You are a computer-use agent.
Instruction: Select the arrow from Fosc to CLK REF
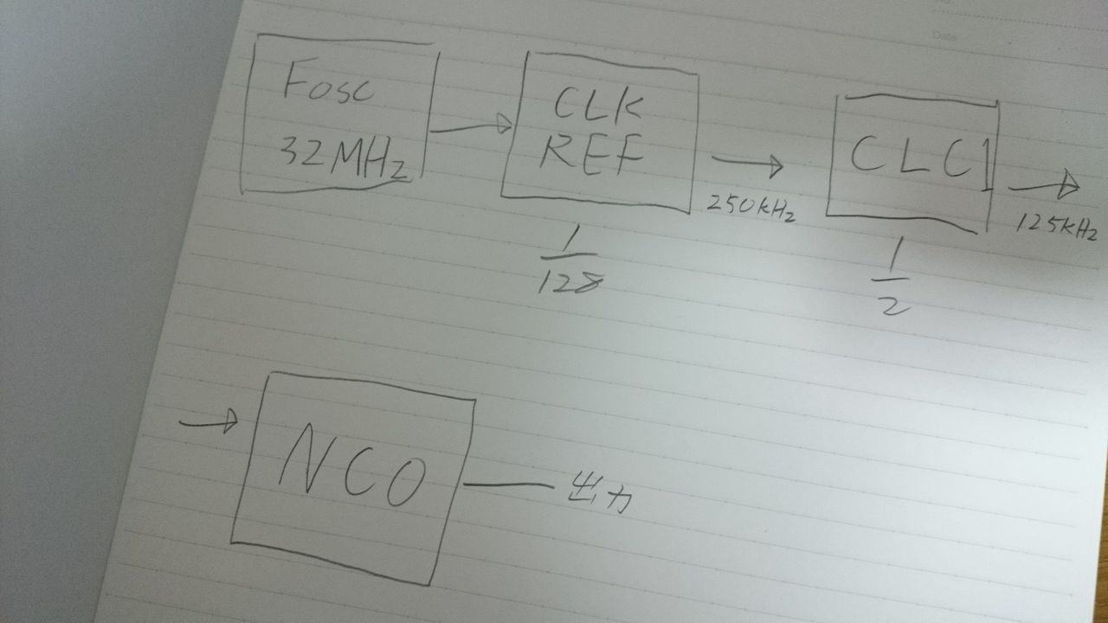pos(471,128)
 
